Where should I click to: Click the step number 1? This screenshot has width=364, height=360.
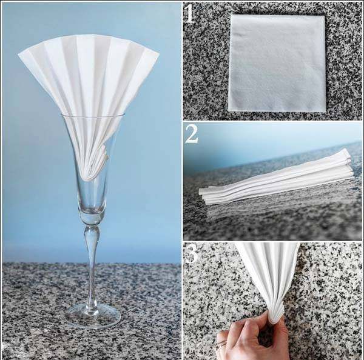tap(190, 13)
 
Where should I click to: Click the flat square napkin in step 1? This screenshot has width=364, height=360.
tap(277, 62)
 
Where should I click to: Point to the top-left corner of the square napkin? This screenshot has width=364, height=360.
tap(231, 16)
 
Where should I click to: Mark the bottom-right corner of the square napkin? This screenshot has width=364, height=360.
tap(326, 111)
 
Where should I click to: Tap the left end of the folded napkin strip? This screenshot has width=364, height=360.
tap(202, 195)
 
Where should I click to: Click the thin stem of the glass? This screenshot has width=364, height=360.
tap(92, 273)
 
